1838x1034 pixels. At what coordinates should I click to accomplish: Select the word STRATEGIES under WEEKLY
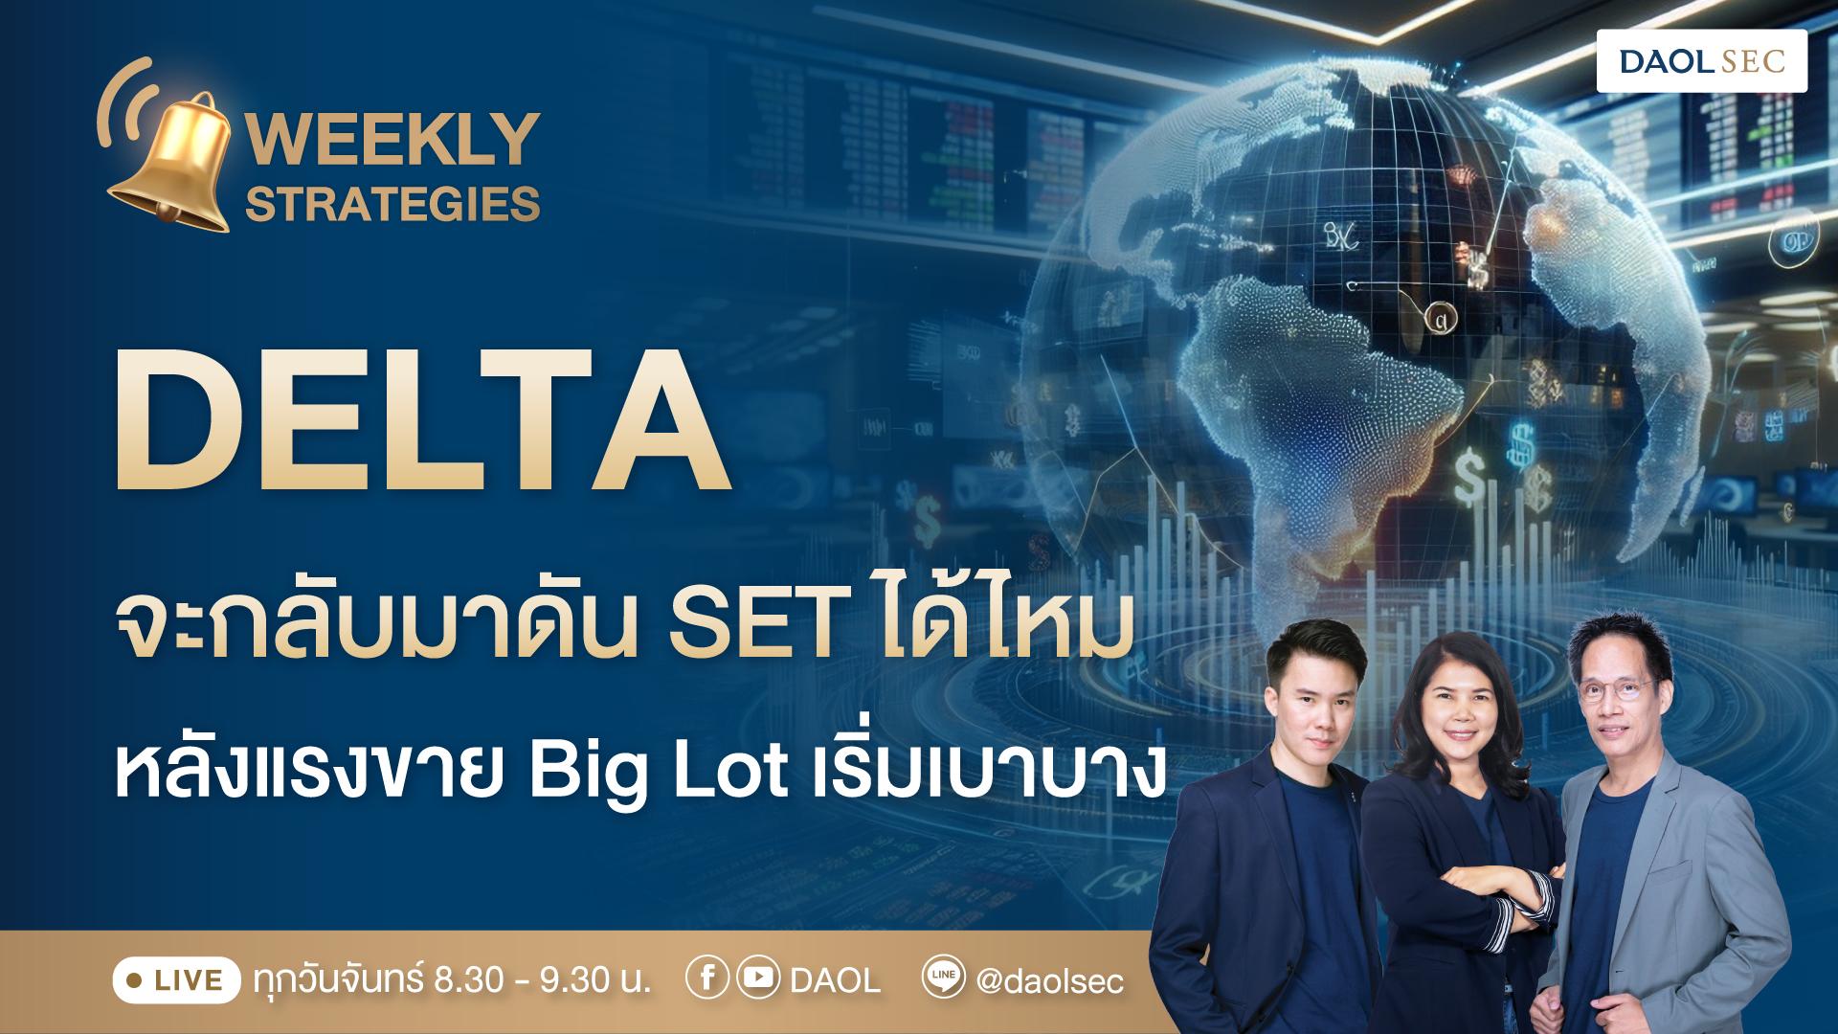(x=393, y=204)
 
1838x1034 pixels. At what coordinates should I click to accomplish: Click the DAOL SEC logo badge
(x=1701, y=61)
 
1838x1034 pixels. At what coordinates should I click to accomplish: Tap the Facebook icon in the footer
(x=706, y=979)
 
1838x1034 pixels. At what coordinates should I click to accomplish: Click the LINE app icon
(x=941, y=979)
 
